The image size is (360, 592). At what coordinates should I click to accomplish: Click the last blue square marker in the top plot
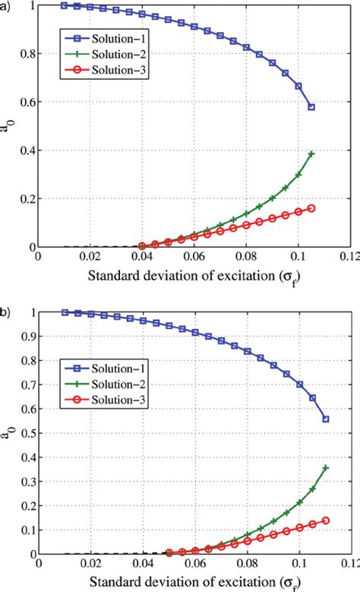311,107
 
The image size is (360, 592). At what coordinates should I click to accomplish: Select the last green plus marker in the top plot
311,154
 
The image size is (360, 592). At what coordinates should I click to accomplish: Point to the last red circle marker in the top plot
311,208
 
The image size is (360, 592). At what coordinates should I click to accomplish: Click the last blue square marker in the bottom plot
326,419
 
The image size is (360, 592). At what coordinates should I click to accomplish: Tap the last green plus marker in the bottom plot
326,468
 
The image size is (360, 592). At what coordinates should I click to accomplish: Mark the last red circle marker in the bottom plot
326,521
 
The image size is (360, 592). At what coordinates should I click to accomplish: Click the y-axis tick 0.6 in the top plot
27,103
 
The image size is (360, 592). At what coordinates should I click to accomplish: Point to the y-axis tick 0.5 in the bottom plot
27,433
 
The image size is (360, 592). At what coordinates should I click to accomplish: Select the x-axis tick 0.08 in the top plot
247,258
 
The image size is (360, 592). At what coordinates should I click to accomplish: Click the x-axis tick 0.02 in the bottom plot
90,565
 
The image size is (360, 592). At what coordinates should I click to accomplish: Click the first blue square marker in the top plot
65,5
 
